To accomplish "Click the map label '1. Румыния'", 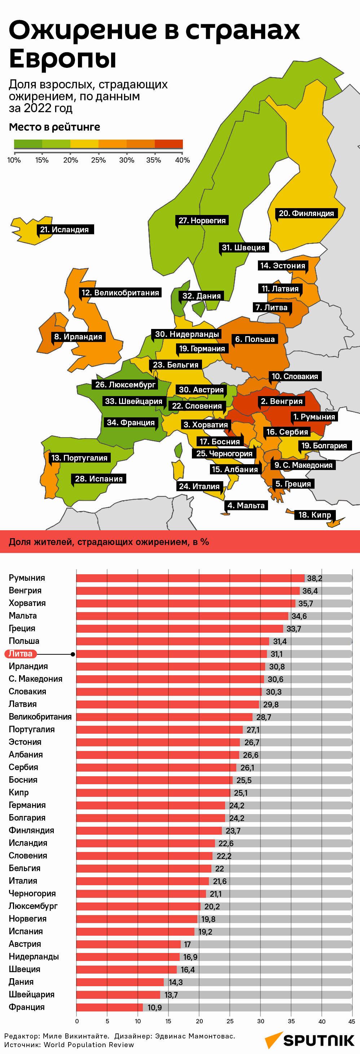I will point(314,417).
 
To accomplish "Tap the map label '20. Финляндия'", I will point(306,213).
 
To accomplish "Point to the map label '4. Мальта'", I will point(246,505).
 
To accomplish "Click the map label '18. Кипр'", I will point(315,515).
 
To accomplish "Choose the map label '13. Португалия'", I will point(79,458).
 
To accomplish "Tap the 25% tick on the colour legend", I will point(98,160).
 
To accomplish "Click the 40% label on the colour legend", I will point(182,160).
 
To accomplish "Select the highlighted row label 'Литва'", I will point(21,654).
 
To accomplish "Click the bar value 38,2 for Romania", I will point(314,578).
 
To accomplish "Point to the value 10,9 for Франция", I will point(155,1007).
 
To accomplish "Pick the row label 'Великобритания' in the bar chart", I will point(40,716).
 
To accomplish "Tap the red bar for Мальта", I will point(182,616).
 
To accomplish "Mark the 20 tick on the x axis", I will point(199,1021).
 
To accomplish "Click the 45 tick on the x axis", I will point(351,1021).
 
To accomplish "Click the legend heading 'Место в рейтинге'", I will point(54,127).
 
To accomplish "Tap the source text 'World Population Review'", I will point(89,1044).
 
